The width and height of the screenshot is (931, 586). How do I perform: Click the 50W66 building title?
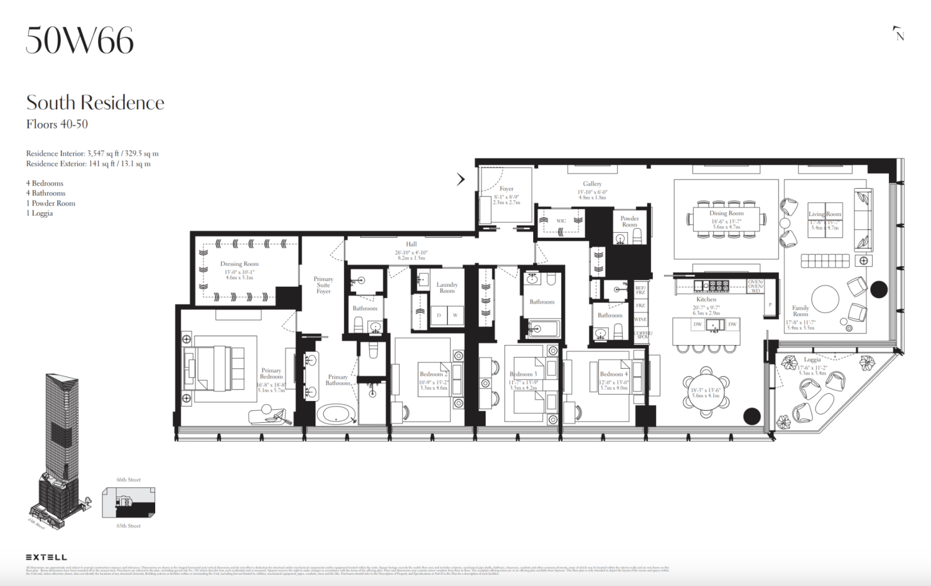tap(79, 41)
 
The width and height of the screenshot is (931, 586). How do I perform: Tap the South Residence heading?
tap(95, 102)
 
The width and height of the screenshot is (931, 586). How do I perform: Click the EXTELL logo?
tap(47, 557)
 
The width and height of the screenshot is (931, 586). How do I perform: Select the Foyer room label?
tap(506, 189)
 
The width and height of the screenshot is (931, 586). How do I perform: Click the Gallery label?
tap(592, 184)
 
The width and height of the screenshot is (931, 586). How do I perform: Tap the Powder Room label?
tap(629, 221)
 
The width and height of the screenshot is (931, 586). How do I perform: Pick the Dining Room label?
tap(726, 213)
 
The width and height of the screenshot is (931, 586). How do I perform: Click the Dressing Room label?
tap(239, 264)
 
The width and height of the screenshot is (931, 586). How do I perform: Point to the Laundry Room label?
tap(447, 287)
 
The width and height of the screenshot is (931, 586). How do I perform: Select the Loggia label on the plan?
tap(812, 359)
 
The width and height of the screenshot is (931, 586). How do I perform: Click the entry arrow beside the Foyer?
tap(461, 179)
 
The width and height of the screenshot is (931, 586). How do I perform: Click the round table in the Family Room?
tap(825, 299)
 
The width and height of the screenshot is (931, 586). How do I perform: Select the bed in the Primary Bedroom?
tap(214, 368)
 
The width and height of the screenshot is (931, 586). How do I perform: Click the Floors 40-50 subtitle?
tap(57, 124)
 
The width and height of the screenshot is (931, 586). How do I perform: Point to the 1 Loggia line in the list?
tap(39, 214)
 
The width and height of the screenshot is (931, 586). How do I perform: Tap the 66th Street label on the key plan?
tap(128, 480)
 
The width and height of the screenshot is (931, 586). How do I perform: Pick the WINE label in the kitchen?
tap(641, 319)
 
